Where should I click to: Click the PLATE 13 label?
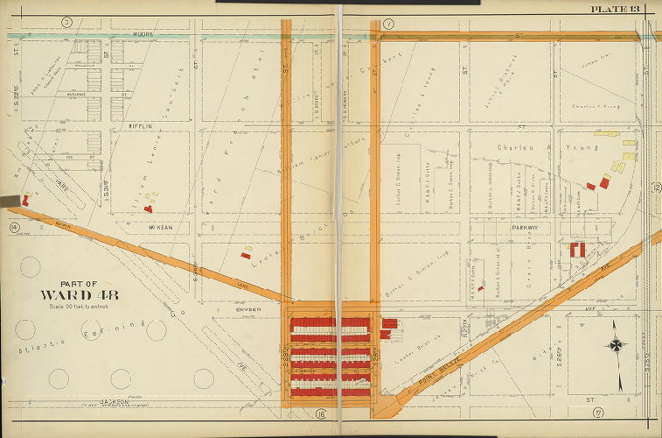pyautogui.click(x=616, y=9)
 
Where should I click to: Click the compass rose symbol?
pyautogui.click(x=616, y=345)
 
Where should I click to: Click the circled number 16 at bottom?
pyautogui.click(x=322, y=413)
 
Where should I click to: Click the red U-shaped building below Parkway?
pyautogui.click(x=577, y=249)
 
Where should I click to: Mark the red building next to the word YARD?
pyautogui.click(x=25, y=201)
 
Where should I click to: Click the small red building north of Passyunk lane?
pyautogui.click(x=246, y=255)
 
